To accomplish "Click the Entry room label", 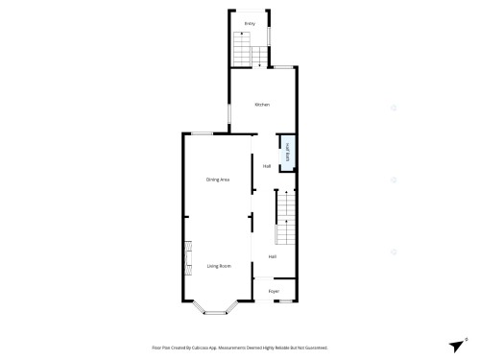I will point(250,22).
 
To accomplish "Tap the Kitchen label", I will point(262,104).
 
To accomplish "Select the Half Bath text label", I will point(287,151).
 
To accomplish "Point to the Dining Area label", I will point(218,180).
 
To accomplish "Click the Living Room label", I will point(219,265).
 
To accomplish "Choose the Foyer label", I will point(274,290).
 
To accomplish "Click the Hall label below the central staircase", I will point(273,256).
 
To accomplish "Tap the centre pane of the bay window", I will point(219,313).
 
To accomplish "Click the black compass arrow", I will point(455,346).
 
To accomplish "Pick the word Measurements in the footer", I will point(242,348).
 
